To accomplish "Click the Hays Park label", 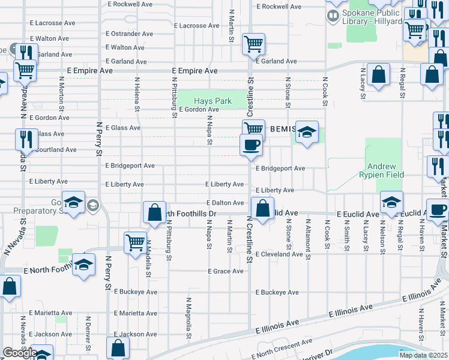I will click(x=212, y=101).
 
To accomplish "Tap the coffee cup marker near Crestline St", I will click(x=250, y=145).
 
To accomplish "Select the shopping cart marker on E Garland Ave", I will click(x=253, y=44).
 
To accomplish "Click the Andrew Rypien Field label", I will click(x=385, y=170).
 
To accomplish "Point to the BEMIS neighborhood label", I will click(x=283, y=128).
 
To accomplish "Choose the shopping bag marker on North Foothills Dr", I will click(x=154, y=213).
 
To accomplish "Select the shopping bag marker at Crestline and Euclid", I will click(x=262, y=209).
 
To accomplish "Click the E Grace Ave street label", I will click(x=226, y=271).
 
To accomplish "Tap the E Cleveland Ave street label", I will click(x=279, y=254).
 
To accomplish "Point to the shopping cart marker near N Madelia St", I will click(x=136, y=243).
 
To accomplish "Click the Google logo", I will click(x=19, y=353).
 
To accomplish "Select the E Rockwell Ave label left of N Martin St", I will click(x=130, y=4).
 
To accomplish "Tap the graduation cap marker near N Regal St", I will click(x=391, y=202).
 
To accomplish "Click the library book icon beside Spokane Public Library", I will click(x=333, y=17).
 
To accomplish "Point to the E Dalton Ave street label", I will click(x=226, y=203).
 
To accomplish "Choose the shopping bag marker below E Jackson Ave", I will click(x=118, y=348).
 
